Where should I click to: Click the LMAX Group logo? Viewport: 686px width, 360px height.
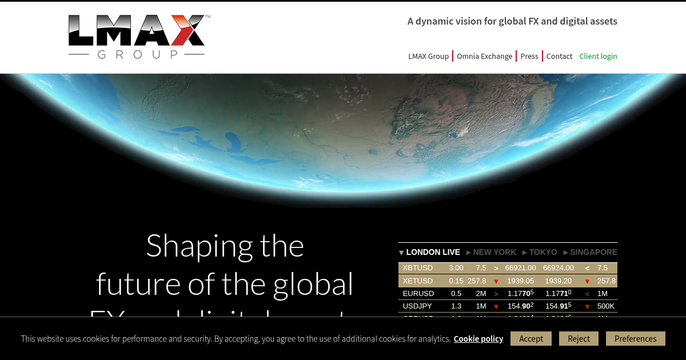click(x=137, y=37)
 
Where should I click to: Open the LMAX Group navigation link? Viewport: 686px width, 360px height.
click(x=428, y=56)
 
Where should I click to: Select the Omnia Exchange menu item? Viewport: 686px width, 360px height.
click(x=484, y=56)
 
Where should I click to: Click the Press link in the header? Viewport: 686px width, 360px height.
click(x=529, y=56)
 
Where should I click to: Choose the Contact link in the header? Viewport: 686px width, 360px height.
click(x=559, y=56)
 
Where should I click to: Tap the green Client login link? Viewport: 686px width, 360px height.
click(x=598, y=56)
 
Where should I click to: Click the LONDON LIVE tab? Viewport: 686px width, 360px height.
click(x=432, y=252)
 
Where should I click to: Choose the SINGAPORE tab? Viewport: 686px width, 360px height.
click(x=593, y=252)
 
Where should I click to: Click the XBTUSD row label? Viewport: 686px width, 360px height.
click(x=418, y=267)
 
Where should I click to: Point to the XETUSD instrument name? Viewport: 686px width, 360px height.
click(x=418, y=281)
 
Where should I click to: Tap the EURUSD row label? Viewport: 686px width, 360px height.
click(x=418, y=293)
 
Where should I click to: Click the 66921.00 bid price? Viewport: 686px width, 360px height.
click(x=520, y=267)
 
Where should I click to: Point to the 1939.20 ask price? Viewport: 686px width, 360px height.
click(x=559, y=281)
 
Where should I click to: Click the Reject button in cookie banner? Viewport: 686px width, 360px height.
click(x=579, y=338)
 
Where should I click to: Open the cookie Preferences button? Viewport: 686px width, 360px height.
click(x=635, y=338)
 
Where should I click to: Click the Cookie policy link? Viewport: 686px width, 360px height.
click(x=478, y=339)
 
